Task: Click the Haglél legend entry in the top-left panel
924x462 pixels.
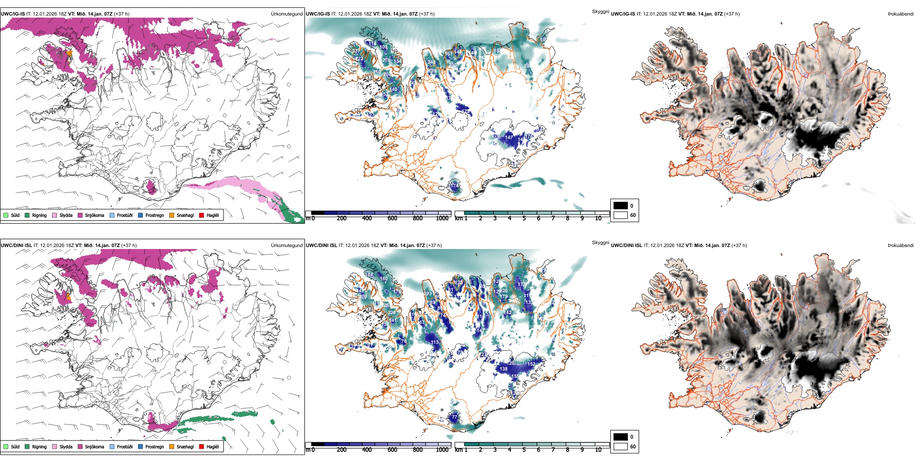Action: (212, 215)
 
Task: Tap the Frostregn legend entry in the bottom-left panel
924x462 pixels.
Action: (154, 446)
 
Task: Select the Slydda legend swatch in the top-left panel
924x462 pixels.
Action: (54, 215)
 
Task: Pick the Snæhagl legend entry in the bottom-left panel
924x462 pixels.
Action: (185, 446)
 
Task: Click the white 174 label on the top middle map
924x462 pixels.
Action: (454, 185)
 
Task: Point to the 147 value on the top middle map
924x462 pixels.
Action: (509, 138)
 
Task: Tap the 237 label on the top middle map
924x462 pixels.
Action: (356, 51)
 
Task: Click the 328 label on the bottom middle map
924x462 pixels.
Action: (391, 313)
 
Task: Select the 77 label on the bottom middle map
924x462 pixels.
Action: (454, 417)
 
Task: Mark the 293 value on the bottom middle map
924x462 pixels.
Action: (427, 294)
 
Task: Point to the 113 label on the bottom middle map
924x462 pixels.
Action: (435, 342)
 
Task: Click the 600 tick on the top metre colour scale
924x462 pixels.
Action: (392, 218)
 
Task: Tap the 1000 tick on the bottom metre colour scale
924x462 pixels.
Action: (442, 450)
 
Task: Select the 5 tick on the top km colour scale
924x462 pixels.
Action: (524, 218)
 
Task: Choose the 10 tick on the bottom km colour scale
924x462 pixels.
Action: (598, 450)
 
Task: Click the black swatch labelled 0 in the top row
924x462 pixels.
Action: (621, 206)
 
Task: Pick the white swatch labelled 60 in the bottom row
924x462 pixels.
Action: (621, 446)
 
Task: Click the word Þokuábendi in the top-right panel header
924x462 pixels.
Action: (901, 14)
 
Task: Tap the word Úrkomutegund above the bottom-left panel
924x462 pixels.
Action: (286, 246)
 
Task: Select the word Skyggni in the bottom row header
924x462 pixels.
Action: (600, 243)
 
